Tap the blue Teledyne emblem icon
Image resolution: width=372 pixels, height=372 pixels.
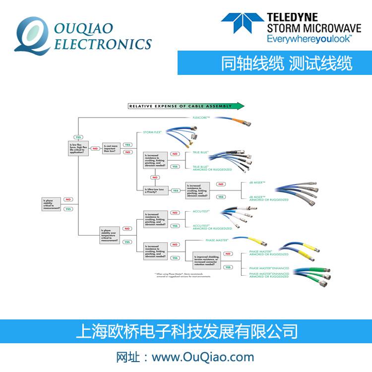(243, 23)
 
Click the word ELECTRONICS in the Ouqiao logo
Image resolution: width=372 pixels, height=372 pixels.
(102, 44)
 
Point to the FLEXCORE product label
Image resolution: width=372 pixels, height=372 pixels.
(201, 118)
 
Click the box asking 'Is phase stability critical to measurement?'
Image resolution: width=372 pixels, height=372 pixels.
(52, 204)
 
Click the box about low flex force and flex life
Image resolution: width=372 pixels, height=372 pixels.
(78, 148)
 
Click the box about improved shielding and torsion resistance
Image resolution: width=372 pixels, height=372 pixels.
(208, 258)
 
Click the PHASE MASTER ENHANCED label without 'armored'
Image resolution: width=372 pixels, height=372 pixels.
(269, 268)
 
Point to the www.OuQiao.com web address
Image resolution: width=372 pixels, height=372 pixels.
(202, 357)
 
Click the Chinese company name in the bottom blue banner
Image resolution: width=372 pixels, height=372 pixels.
(186, 331)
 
